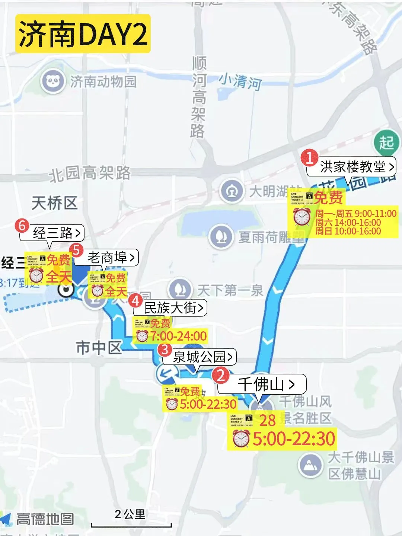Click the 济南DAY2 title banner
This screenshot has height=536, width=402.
click(83, 33)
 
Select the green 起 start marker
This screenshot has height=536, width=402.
click(387, 143)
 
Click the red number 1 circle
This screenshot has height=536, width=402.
click(309, 157)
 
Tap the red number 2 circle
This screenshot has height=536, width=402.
click(221, 375)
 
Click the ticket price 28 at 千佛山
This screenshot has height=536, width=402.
click(267, 420)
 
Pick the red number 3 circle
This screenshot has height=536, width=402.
click(164, 350)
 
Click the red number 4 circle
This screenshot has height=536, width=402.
click(135, 300)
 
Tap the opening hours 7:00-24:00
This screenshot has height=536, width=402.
click(178, 336)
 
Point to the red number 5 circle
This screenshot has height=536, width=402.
click(77, 250)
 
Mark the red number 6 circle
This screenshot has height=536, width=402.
click(22, 225)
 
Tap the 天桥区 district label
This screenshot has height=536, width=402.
click(54, 203)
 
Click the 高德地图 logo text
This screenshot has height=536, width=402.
click(45, 519)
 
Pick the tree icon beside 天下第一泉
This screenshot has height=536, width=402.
click(180, 289)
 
